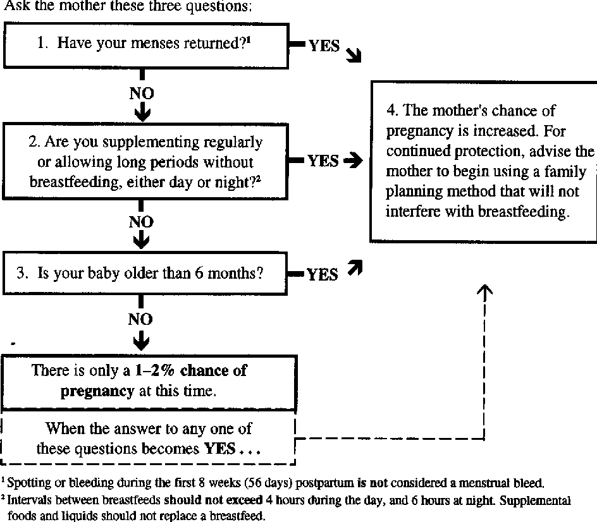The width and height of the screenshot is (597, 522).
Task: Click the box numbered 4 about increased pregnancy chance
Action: [x=484, y=161]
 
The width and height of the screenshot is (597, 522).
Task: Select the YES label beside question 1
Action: [x=324, y=47]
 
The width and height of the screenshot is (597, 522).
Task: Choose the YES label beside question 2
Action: [x=323, y=161]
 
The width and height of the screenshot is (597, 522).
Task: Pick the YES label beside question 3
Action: [x=323, y=274]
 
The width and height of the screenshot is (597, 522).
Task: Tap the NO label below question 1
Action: [x=142, y=94]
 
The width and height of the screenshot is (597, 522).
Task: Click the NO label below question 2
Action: [x=142, y=222]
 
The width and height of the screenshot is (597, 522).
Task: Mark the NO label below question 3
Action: [x=141, y=320]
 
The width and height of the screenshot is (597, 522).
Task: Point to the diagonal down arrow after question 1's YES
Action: [x=354, y=56]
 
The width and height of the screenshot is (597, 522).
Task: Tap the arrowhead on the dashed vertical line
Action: [x=484, y=290]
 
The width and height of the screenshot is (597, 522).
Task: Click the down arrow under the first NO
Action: [x=142, y=112]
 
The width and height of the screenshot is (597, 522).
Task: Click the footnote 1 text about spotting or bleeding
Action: [x=273, y=484]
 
